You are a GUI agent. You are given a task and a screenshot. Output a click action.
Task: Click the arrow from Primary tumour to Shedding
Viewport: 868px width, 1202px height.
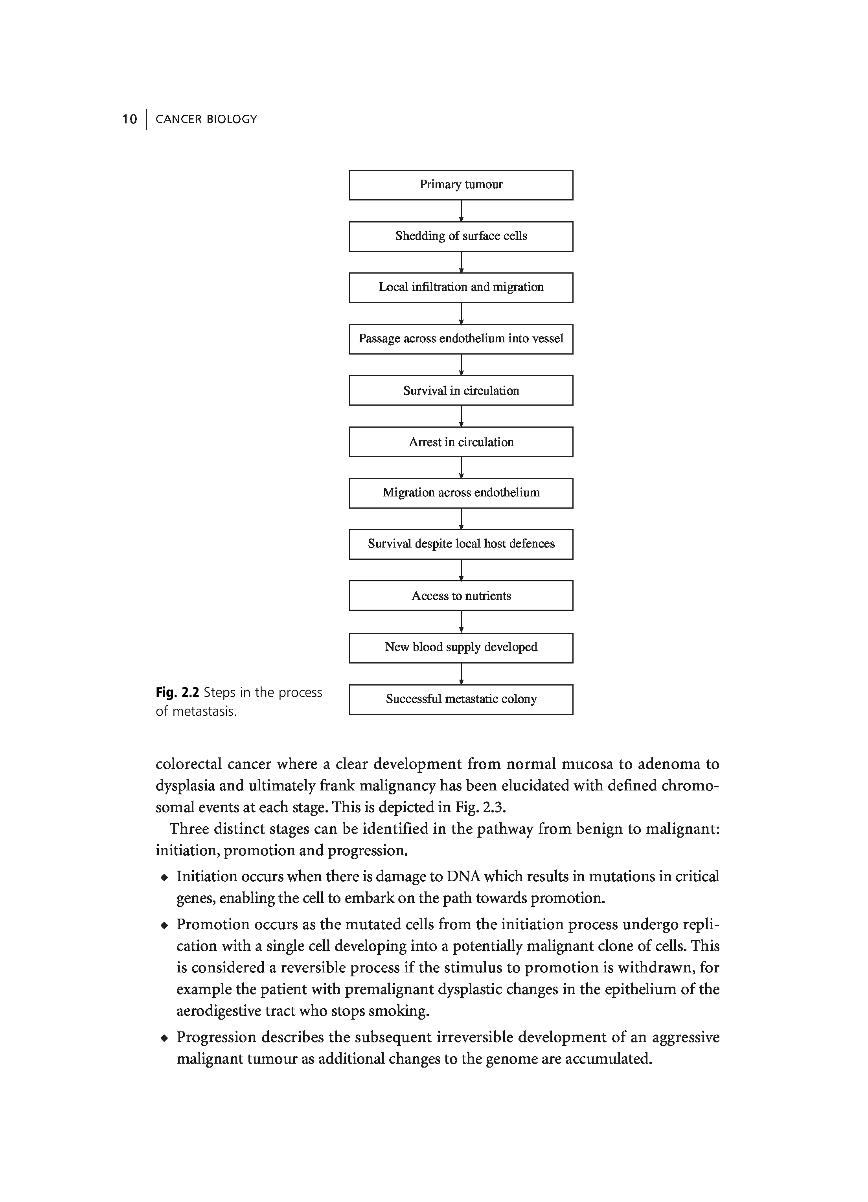coord(461,211)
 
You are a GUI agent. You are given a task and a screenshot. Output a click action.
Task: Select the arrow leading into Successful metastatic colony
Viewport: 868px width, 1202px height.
coord(461,674)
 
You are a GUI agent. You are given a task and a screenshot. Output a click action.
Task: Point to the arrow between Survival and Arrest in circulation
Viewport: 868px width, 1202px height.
coord(461,416)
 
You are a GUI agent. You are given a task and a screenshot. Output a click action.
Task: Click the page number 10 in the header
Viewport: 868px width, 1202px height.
coord(129,119)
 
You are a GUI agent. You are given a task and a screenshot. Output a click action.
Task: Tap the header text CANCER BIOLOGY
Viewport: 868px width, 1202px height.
coord(206,119)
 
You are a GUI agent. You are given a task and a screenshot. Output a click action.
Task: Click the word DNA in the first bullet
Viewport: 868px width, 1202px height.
coord(463,877)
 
